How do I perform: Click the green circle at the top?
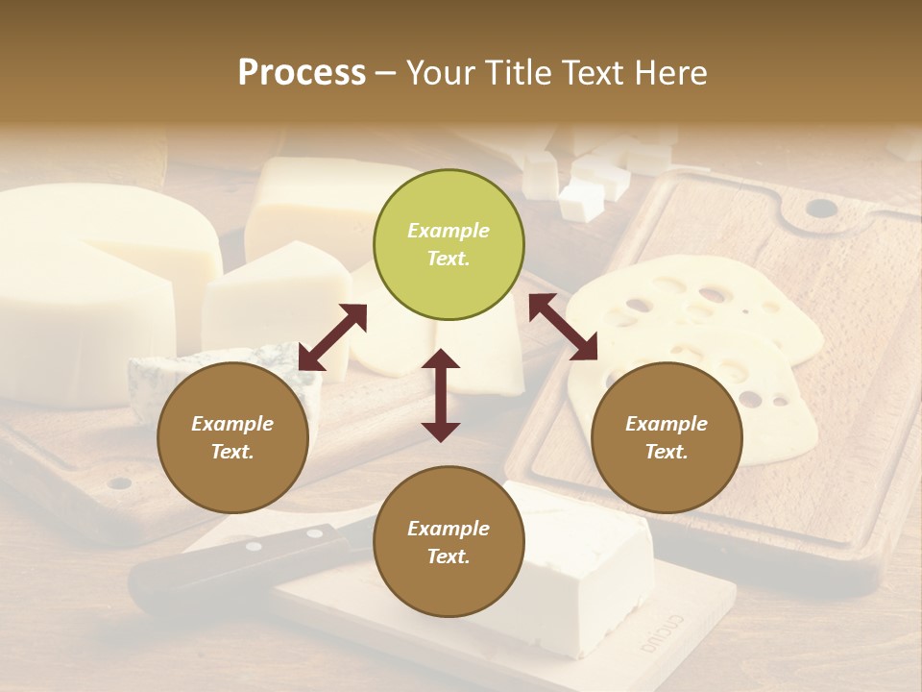tap(449, 245)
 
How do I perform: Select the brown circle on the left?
tap(232, 438)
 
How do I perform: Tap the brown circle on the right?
tap(667, 438)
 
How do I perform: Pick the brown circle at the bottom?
tap(449, 542)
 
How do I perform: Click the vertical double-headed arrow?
tap(441, 395)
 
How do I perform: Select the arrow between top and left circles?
tap(332, 337)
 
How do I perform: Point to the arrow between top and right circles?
tap(564, 327)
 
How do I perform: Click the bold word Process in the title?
tap(302, 72)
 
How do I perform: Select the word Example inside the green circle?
tap(449, 231)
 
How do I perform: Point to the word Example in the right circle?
tap(667, 424)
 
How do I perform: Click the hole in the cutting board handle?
tap(821, 208)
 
